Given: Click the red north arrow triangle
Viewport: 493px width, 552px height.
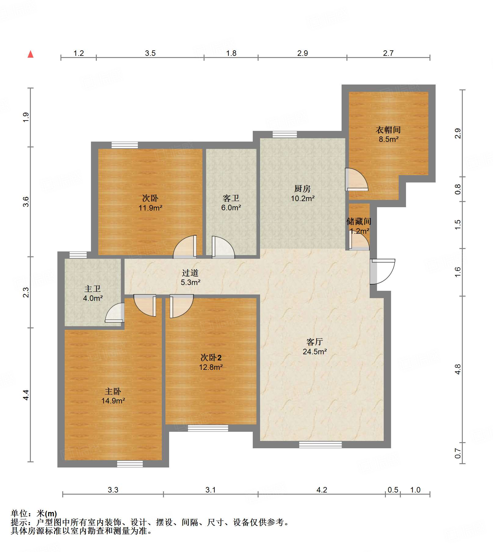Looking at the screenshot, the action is point(31,54).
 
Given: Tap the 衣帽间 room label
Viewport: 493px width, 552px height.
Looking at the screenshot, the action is point(388,130).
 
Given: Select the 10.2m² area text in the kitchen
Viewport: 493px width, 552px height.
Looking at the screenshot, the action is point(303,199).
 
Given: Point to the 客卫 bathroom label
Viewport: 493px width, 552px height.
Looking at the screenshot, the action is point(231,198).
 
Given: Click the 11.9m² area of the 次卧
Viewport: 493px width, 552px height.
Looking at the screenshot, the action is point(150,208).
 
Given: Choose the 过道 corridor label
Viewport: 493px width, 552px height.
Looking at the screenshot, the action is point(190,273).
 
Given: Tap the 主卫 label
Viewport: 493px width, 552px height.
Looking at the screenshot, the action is point(92,289).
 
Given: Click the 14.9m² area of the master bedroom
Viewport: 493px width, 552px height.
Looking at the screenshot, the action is point(113,401).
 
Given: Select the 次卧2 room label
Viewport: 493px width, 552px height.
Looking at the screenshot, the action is point(211,357).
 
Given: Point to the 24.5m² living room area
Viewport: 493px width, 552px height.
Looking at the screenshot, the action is point(315,352).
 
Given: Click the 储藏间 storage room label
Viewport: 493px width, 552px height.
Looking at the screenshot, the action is point(359,221).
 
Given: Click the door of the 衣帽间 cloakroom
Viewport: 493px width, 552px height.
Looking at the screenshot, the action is point(356,179).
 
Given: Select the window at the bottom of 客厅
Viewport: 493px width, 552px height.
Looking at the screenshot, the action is point(320,445).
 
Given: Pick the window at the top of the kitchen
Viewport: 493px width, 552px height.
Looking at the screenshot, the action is point(285,134).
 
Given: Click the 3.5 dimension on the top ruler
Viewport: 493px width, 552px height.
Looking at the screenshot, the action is point(150,53).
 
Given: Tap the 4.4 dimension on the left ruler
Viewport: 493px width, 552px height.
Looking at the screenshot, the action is point(26,395).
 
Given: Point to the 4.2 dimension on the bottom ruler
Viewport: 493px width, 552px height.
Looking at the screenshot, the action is point(322,490).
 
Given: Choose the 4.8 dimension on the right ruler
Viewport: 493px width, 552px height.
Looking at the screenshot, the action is point(458,369).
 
